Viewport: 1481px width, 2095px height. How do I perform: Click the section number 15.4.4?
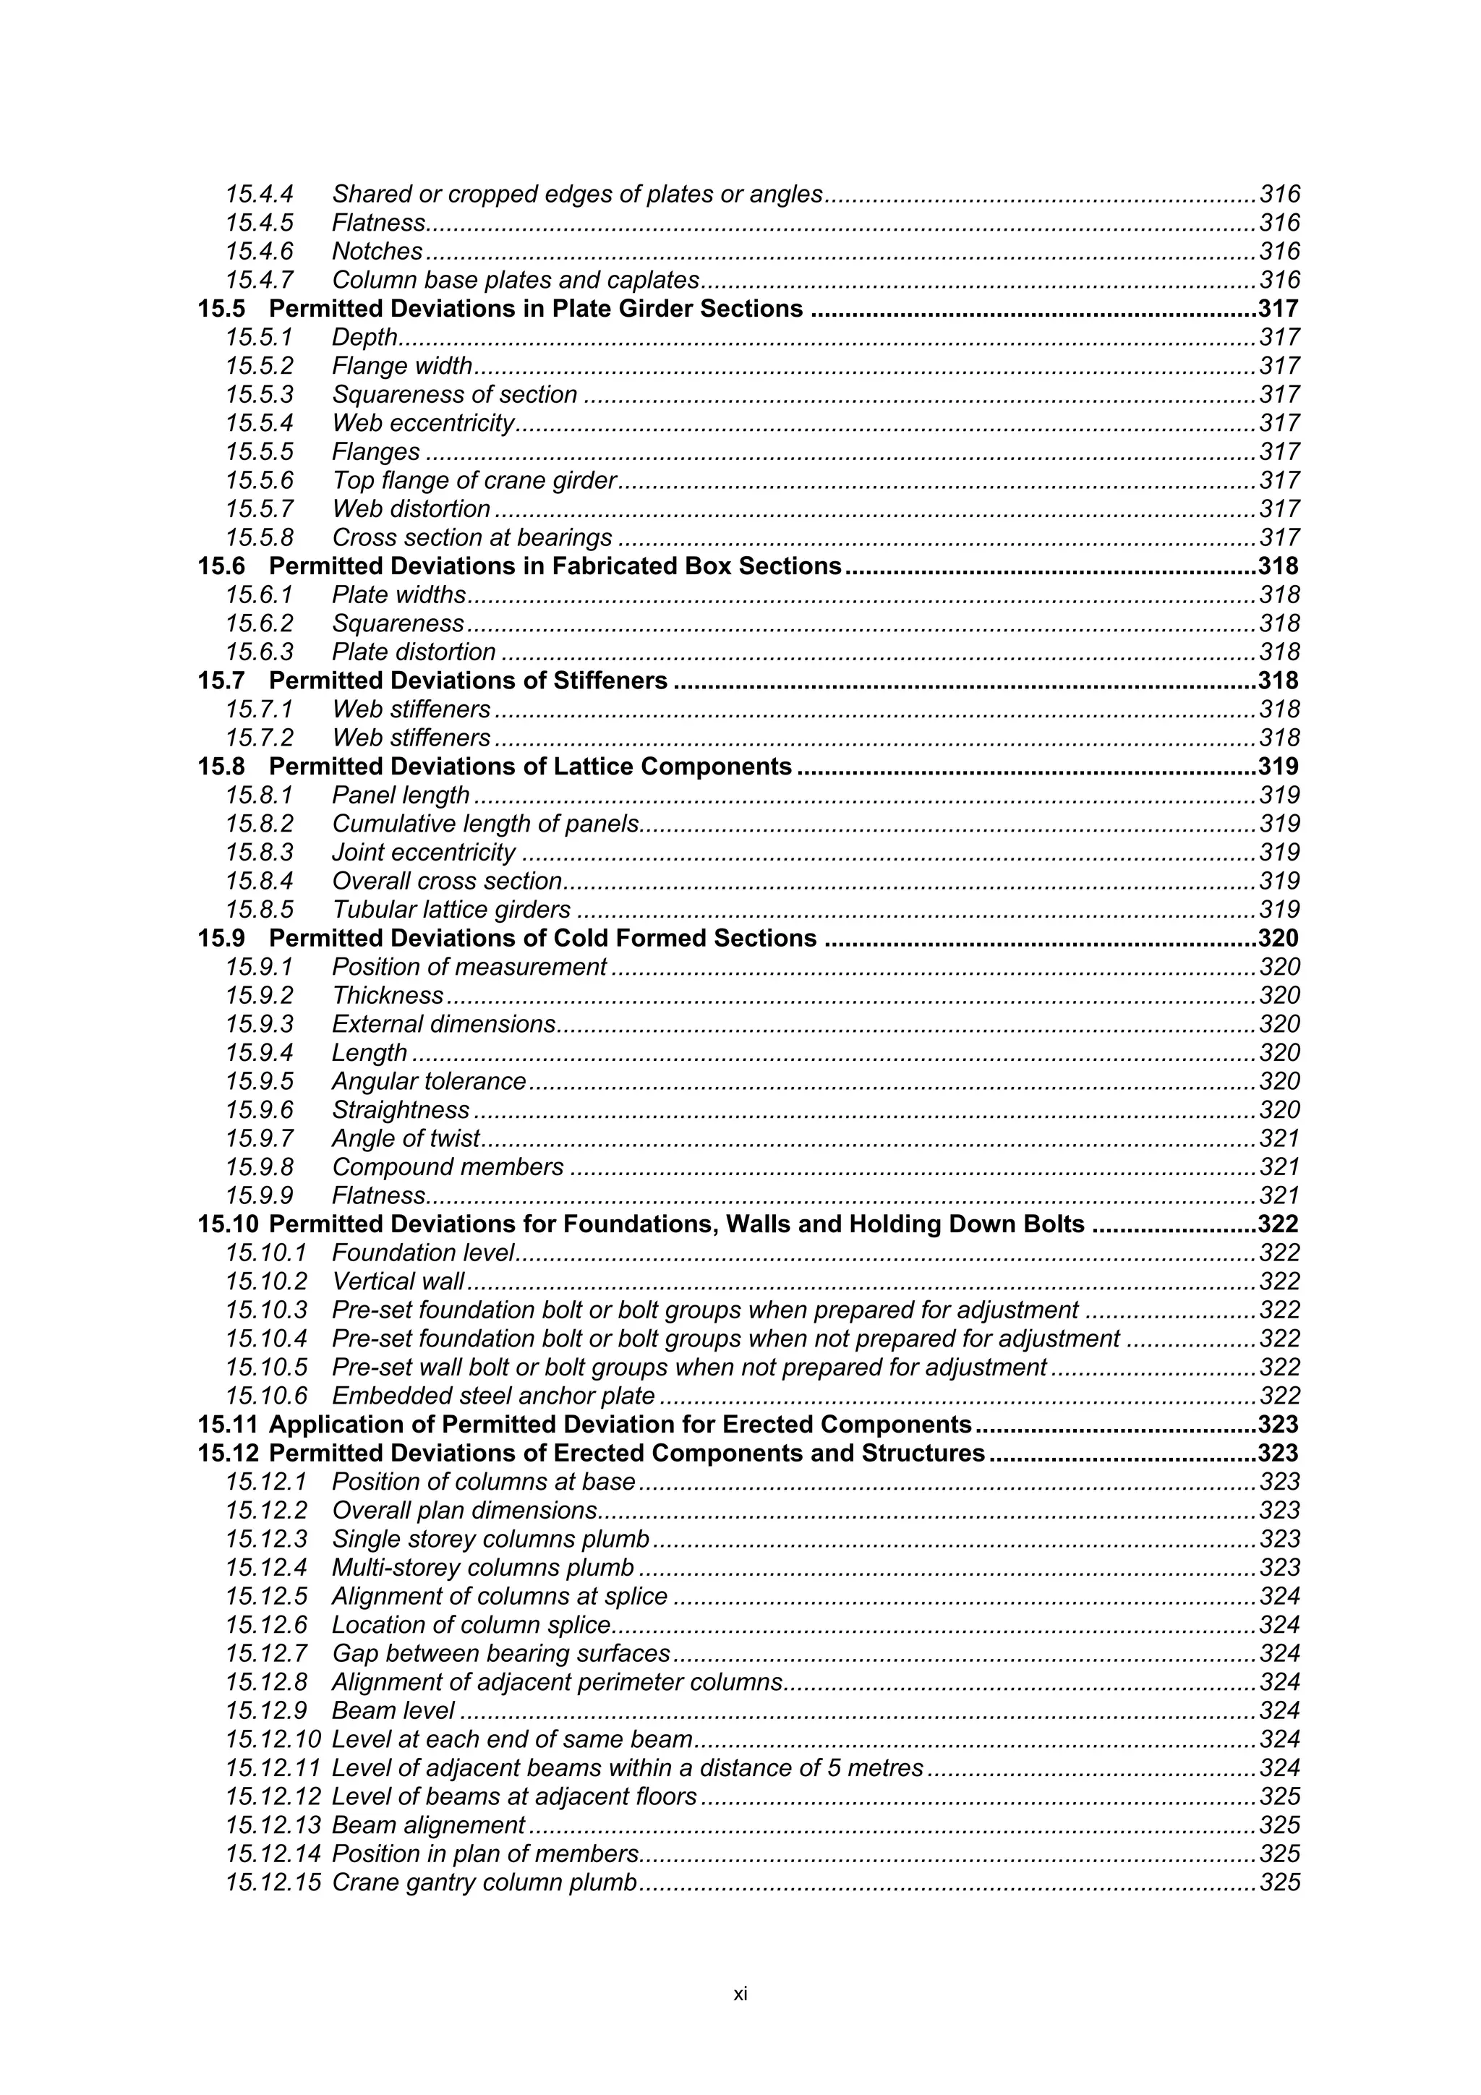point(259,195)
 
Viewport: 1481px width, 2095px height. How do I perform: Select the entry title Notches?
point(377,252)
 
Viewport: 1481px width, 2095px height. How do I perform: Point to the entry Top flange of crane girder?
point(474,481)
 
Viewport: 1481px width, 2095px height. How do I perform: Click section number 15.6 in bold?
point(221,567)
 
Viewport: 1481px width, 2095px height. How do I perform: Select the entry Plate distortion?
point(414,652)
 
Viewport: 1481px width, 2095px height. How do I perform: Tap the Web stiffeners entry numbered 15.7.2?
point(411,738)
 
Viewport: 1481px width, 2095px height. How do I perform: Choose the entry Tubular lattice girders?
point(451,910)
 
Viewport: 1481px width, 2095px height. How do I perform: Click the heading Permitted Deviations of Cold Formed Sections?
point(542,939)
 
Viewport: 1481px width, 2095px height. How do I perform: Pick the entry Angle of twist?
point(405,1139)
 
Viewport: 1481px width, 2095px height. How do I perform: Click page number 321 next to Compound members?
point(1279,1168)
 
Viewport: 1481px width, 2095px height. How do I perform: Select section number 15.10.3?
point(266,1310)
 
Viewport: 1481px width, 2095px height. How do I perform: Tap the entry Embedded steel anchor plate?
point(492,1396)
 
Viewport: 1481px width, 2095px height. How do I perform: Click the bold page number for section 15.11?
point(1278,1425)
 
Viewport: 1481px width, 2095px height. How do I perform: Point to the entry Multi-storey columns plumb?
point(483,1569)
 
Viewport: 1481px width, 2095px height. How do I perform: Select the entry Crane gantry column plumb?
point(484,1882)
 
